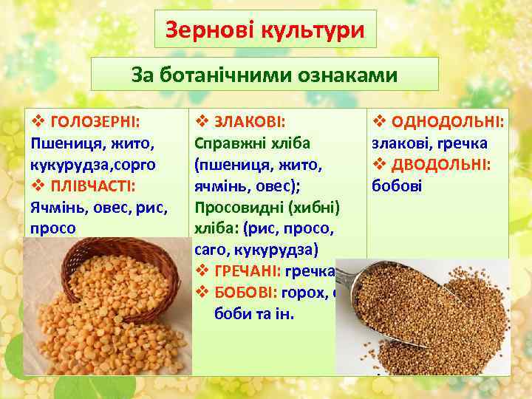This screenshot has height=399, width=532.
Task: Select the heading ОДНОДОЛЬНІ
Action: pyautogui.click(x=447, y=120)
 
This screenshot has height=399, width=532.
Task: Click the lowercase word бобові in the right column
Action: pyautogui.click(x=397, y=185)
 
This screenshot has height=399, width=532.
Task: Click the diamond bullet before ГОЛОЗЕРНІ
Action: pyautogui.click(x=35, y=120)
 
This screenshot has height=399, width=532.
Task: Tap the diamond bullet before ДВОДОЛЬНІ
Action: pyautogui.click(x=377, y=163)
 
